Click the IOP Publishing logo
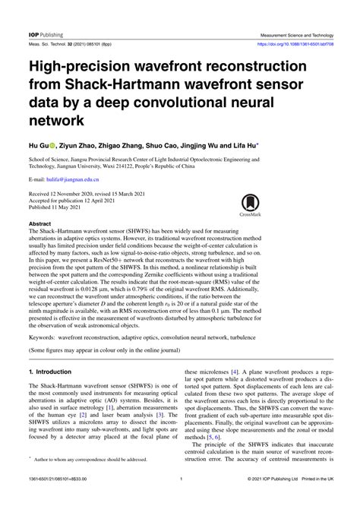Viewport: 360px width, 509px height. coord(46,35)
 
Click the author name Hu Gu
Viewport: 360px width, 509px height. coord(38,143)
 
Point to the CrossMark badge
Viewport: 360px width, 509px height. coord(249,205)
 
